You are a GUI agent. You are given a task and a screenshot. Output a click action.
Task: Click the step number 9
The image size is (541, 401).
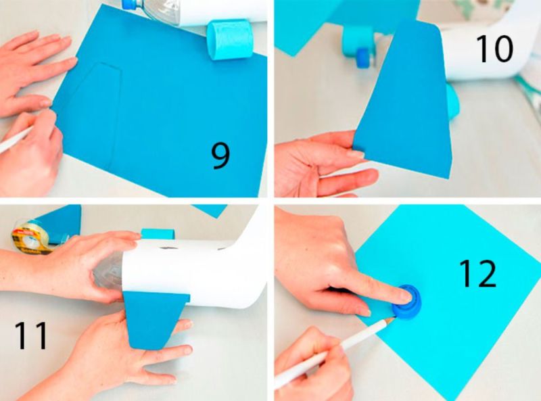[x=220, y=156]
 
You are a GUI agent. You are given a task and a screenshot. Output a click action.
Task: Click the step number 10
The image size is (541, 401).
[x=494, y=49]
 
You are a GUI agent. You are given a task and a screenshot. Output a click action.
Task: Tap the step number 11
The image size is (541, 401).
[x=31, y=335]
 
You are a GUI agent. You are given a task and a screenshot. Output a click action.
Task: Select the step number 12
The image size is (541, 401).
[x=478, y=274]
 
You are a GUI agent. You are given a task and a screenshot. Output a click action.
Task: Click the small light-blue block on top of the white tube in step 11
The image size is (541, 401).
[x=158, y=233]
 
